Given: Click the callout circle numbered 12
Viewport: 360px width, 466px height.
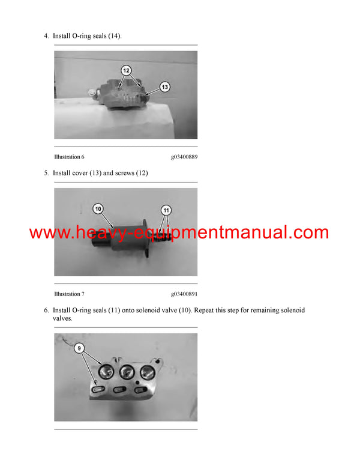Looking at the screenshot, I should (125, 70).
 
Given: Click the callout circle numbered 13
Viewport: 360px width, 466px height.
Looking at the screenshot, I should (164, 86).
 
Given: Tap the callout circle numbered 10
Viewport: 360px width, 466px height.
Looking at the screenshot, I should (98, 209).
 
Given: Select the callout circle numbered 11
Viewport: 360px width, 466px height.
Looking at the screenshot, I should (166, 210).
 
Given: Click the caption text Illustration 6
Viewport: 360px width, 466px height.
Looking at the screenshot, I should (69, 157).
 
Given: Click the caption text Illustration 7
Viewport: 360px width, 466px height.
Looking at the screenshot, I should (69, 294).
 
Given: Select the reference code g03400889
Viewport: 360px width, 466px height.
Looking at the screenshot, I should (184, 157).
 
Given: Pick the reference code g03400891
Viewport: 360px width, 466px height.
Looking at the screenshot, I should (184, 294).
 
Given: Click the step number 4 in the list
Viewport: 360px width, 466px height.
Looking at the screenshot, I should (46, 36).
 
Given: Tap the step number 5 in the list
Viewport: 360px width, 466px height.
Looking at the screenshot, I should (46, 173).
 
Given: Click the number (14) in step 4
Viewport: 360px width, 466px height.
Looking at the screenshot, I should (112, 36).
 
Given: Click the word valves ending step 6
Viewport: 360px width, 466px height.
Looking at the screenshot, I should (62, 319).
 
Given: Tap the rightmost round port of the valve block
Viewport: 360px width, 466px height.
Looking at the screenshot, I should (147, 371).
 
